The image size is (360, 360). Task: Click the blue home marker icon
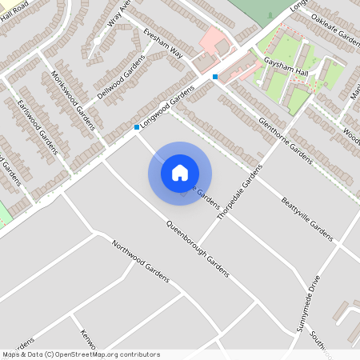(x=180, y=173)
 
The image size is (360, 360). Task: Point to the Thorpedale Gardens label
(x=239, y=192)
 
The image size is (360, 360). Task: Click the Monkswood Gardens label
(x=73, y=99)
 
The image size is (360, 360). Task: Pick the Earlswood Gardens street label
(x=38, y=128)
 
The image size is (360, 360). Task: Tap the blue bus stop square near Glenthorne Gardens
(x=215, y=77)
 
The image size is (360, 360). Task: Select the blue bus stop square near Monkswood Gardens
(x=137, y=127)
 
